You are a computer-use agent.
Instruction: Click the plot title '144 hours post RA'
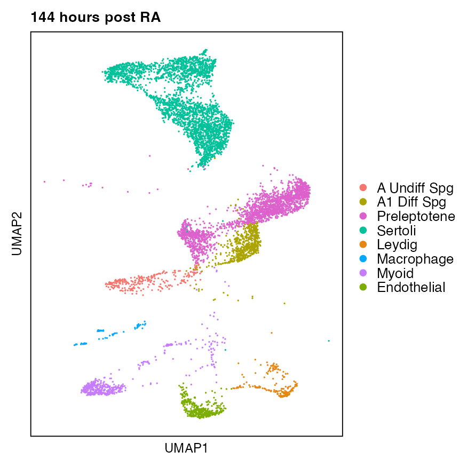tap(96, 18)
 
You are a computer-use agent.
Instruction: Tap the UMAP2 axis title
tap(17, 233)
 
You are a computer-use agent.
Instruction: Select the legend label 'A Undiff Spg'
tap(415, 188)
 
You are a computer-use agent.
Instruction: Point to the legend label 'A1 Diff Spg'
tap(411, 202)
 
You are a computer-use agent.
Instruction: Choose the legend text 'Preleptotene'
tap(416, 217)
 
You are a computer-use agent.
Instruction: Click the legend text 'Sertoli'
tap(396, 231)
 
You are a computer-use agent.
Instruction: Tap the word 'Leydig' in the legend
tap(397, 245)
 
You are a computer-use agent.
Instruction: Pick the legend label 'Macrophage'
tap(415, 259)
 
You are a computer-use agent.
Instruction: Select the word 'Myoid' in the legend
tap(395, 273)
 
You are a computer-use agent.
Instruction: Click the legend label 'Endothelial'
tap(410, 288)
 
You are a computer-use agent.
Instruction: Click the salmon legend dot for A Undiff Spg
tap(363, 188)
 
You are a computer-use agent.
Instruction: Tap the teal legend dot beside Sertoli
tap(363, 231)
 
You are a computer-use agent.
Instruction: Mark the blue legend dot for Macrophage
tap(363, 259)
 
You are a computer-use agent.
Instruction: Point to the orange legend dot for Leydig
tap(363, 245)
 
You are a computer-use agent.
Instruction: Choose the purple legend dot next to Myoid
tap(363, 273)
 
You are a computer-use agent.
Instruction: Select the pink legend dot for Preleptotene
tap(363, 217)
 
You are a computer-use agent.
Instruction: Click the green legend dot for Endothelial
tap(363, 288)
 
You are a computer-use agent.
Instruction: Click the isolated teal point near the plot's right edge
tap(329, 341)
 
